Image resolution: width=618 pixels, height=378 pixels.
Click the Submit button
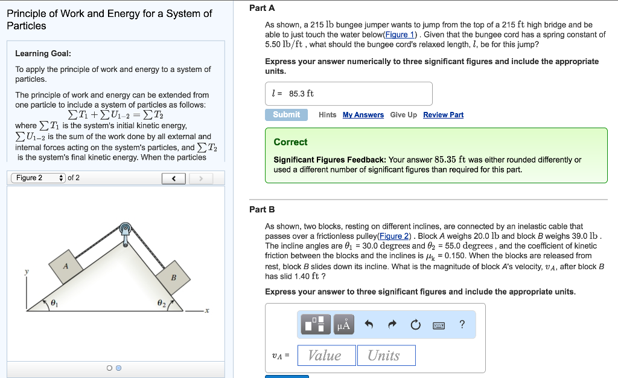point(286,115)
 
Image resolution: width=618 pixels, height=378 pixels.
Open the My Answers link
point(363,115)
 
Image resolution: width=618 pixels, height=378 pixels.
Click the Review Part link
point(443,115)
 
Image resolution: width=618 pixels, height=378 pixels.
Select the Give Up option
point(403,115)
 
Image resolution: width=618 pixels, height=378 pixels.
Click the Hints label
point(327,115)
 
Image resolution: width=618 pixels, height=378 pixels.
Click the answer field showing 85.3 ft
point(349,94)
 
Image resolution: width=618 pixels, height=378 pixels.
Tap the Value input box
point(325,356)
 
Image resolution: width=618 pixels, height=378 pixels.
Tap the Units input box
point(386,356)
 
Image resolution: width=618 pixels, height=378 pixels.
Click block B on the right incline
point(173,278)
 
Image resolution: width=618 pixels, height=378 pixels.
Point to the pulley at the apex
point(126,230)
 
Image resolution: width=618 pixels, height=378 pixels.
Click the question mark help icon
point(462,325)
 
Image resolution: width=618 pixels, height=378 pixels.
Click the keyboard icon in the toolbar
point(439,325)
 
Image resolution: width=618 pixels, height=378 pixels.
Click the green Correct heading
point(290,142)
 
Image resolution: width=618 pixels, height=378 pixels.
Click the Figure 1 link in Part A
point(401,34)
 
